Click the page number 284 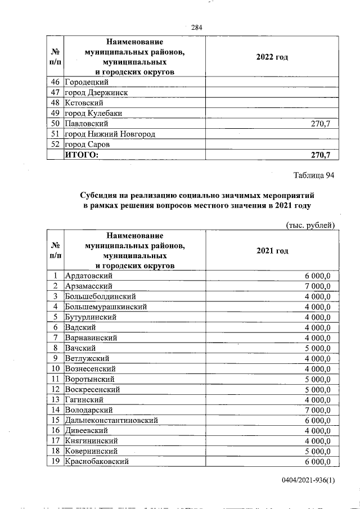[196, 28]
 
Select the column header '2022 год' [272, 57]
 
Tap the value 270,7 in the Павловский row [321, 123]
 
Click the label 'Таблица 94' [314, 175]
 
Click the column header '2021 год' [272, 250]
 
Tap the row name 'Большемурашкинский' [106, 307]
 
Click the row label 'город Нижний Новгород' [110, 134]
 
